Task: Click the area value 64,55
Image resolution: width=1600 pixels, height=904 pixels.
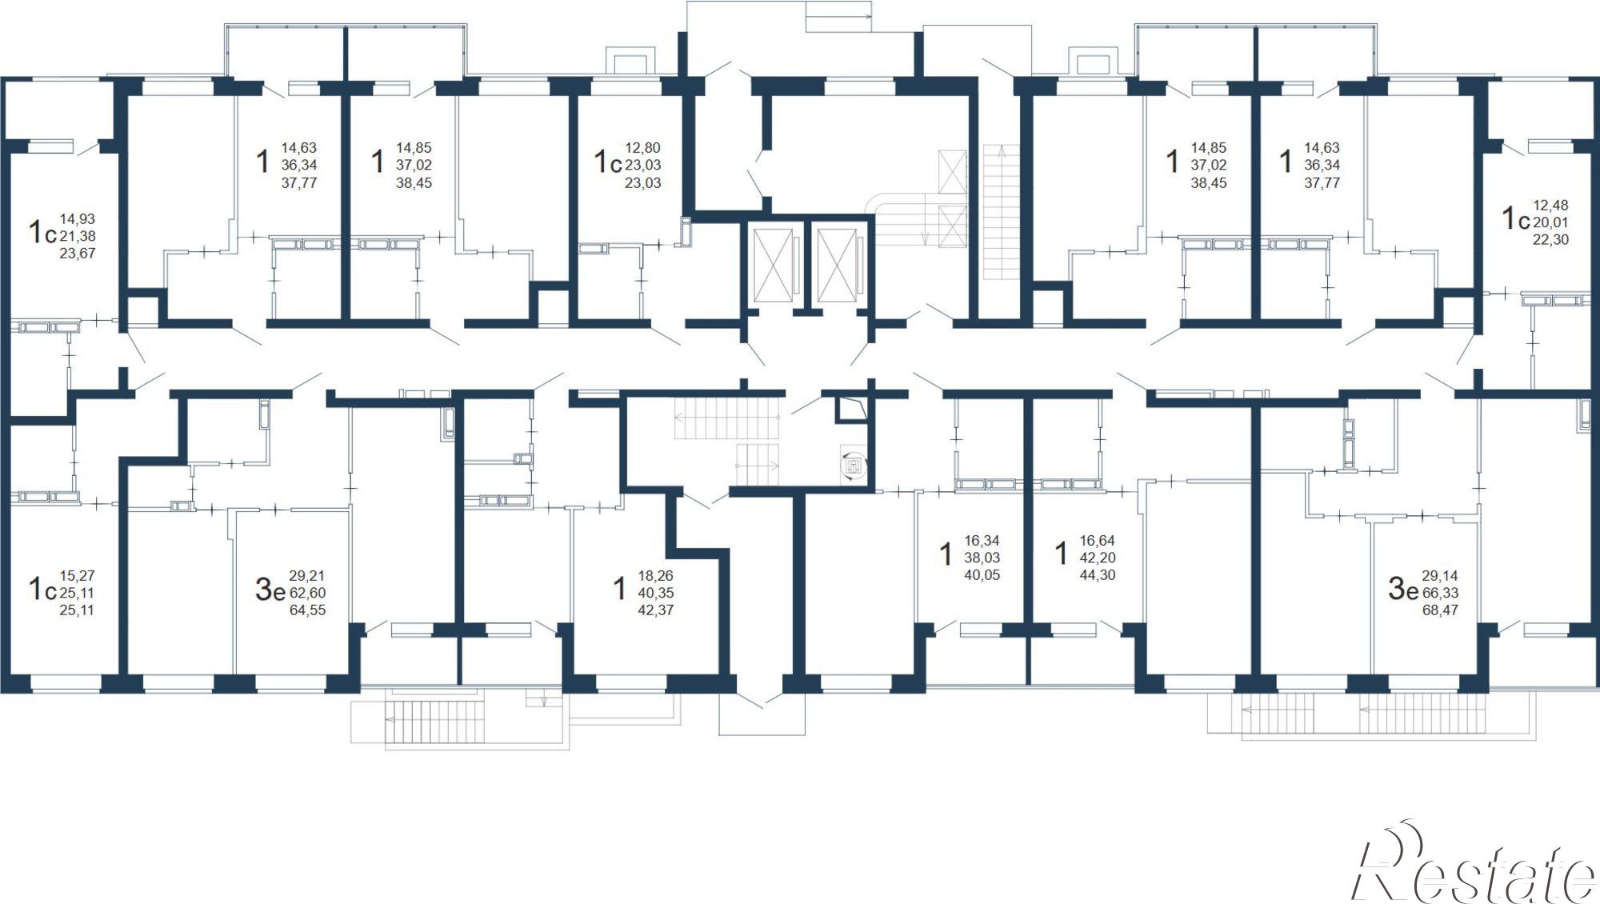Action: point(307,610)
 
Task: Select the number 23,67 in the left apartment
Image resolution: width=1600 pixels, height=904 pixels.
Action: point(78,254)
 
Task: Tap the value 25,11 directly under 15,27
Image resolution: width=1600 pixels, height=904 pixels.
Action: point(78,593)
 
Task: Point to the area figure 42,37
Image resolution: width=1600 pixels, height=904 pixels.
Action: point(655,610)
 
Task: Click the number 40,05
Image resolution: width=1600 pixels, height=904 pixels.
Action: point(982,575)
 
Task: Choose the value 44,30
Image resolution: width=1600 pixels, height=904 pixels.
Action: point(1098,575)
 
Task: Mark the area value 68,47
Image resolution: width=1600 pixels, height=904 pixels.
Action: point(1440,610)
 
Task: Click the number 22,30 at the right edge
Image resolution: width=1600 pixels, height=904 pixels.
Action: point(1550,240)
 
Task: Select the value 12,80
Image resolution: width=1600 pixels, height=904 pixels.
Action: point(643,148)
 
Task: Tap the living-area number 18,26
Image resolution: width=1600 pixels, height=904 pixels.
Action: point(655,575)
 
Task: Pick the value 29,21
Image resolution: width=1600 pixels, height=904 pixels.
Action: point(307,575)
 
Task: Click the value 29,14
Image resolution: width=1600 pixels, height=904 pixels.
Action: point(1440,575)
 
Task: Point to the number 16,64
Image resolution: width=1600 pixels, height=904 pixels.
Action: point(1098,541)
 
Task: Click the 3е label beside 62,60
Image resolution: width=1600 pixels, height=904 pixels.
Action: point(270,590)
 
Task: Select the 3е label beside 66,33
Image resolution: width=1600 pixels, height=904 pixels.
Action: point(1403,590)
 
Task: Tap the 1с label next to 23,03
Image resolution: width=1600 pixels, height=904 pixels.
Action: point(607,162)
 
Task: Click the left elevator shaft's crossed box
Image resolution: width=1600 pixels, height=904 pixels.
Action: point(774,265)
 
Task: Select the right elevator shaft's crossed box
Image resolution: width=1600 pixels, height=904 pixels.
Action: point(837,265)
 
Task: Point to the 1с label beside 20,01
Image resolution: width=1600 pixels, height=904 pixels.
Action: point(1515,218)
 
